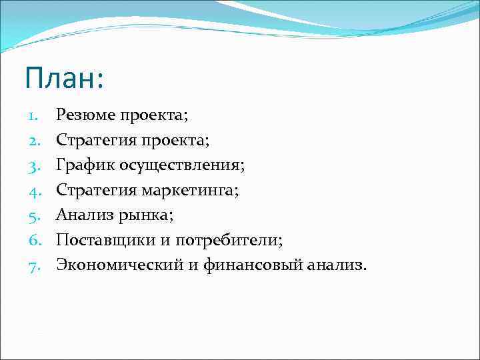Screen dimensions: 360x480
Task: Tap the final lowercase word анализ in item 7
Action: (337, 265)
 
